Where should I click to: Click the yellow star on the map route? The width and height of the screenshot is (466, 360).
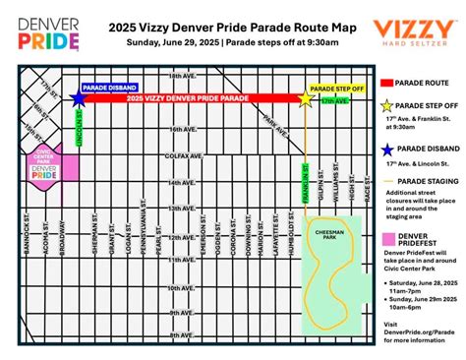(x=305, y=98)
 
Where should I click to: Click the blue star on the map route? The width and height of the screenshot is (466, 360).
(x=77, y=98)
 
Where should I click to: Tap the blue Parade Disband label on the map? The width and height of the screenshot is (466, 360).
(x=108, y=87)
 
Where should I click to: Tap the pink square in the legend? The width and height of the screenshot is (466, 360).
(x=391, y=239)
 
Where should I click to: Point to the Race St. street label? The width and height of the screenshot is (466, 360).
(x=367, y=187)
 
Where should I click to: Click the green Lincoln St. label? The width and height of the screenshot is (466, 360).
(x=78, y=129)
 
